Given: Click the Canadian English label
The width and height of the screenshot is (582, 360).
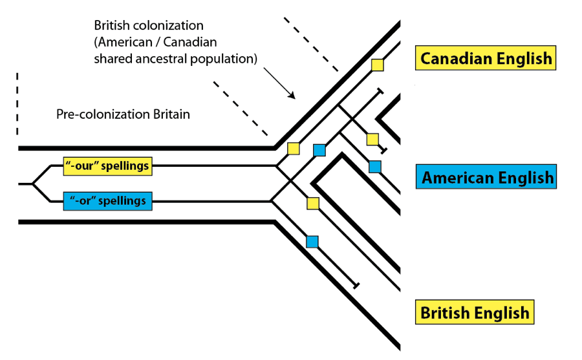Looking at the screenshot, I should tap(486, 59).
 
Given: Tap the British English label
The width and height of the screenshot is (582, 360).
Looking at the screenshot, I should tap(475, 313).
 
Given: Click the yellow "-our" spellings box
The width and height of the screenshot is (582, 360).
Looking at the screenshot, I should tap(107, 166).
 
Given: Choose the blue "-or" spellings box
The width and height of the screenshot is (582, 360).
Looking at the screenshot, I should tap(107, 200).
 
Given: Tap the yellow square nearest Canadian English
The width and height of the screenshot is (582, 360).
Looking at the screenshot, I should tap(377, 65).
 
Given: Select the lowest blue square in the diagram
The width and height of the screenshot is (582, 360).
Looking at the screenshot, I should tap(312, 242).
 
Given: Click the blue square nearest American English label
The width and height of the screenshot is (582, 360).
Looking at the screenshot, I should tap(374, 167).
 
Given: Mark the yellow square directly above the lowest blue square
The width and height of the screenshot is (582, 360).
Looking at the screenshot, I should tap(313, 204).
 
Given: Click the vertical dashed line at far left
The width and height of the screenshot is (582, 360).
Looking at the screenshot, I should tap(17, 103).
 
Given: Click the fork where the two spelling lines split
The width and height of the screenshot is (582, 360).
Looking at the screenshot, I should tap(33, 184).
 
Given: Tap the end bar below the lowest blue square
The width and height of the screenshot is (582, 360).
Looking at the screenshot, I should tap(356, 285).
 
